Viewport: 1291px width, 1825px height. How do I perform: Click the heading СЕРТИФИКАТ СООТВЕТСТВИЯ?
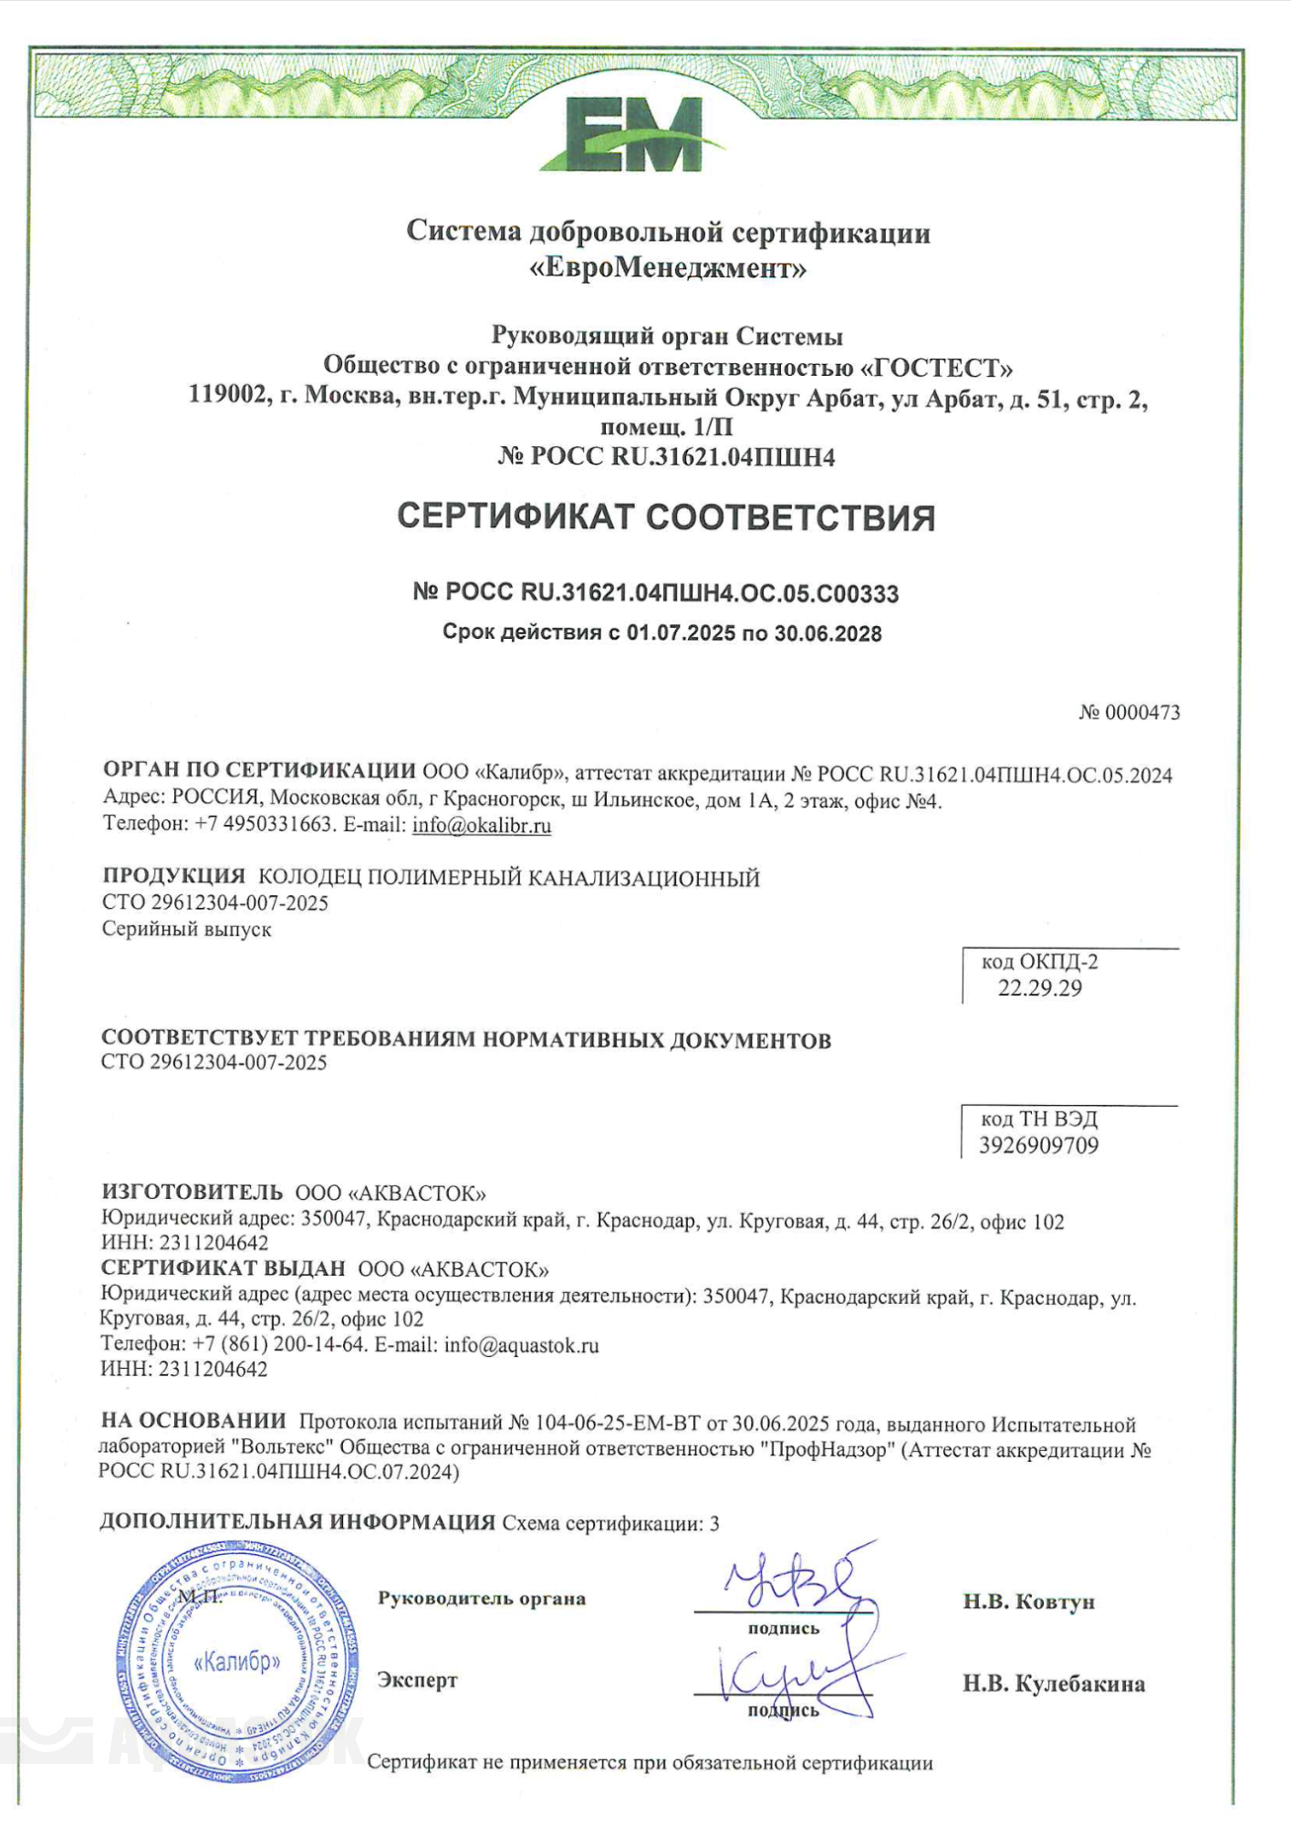point(666,517)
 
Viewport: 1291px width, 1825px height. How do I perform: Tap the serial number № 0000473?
point(1129,713)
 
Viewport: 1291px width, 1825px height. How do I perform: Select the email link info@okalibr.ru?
point(482,826)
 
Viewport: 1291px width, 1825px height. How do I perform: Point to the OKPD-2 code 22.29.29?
point(1039,988)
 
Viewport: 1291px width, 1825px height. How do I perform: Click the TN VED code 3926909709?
point(1038,1145)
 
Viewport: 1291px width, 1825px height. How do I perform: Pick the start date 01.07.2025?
point(681,633)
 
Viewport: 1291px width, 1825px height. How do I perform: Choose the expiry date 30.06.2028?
point(828,633)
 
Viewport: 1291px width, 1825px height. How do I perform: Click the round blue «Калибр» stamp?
point(237,1662)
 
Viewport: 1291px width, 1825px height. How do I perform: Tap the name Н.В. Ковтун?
point(1028,1601)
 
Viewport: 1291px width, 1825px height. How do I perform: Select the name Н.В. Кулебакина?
point(1054,1684)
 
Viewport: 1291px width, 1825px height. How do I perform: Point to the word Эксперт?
point(417,1680)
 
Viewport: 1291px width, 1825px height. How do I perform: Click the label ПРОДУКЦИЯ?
point(173,876)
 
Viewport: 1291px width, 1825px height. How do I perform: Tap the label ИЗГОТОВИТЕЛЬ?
point(192,1192)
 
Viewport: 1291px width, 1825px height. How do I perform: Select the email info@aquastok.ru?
point(521,1345)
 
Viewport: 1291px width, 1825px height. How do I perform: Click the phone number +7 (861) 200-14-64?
point(280,1345)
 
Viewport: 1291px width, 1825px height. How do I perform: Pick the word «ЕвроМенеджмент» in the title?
point(668,269)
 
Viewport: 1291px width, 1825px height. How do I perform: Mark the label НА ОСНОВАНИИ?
point(193,1420)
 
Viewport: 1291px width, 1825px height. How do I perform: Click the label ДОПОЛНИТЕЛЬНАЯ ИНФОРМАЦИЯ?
point(297,1521)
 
